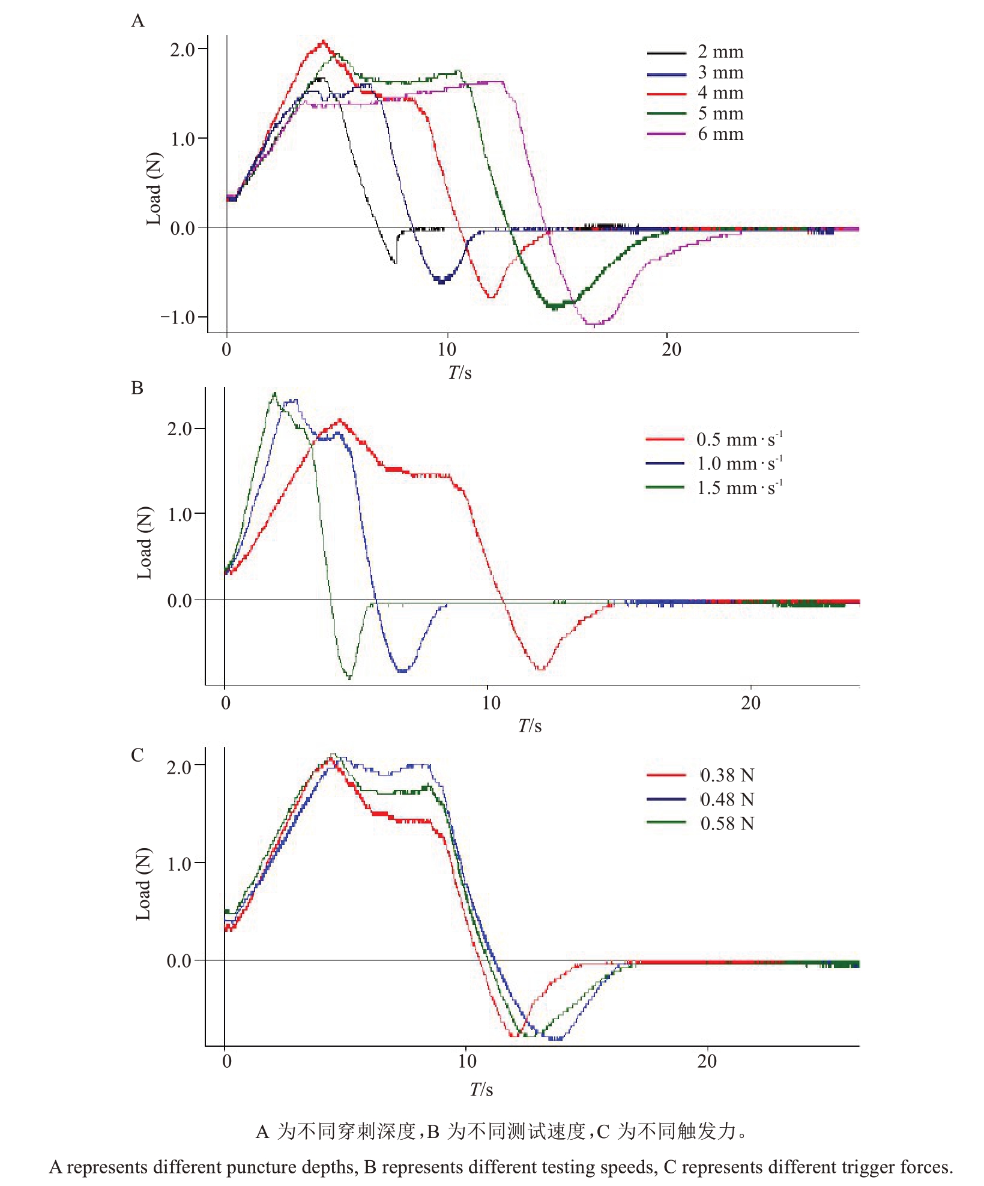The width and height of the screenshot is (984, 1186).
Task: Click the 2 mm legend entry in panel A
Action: click(x=720, y=52)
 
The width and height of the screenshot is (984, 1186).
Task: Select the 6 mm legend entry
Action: click(x=720, y=134)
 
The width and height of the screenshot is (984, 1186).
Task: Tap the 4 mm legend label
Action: click(x=720, y=93)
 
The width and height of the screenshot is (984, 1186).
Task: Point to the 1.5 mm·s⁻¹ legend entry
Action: click(x=738, y=487)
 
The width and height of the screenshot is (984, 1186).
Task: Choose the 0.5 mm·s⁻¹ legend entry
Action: click(x=738, y=439)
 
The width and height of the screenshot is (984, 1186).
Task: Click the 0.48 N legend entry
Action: click(x=726, y=799)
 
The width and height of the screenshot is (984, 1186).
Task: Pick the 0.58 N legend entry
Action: click(x=726, y=823)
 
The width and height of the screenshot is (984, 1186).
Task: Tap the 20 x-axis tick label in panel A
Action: click(x=671, y=349)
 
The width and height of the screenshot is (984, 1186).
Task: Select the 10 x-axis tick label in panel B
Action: click(x=490, y=703)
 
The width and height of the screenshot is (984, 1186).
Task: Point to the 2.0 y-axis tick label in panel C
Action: click(x=179, y=766)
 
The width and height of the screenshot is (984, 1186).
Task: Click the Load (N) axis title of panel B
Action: click(x=144, y=543)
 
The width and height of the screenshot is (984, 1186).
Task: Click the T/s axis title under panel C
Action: click(x=481, y=1089)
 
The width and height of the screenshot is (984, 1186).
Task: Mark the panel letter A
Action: click(x=137, y=22)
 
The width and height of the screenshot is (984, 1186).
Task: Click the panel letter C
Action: click(x=137, y=755)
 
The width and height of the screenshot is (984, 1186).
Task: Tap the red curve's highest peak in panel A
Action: click(x=324, y=41)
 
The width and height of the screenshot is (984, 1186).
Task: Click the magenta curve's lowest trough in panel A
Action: click(x=594, y=325)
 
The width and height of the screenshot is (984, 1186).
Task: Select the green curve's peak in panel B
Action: click(x=274, y=393)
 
